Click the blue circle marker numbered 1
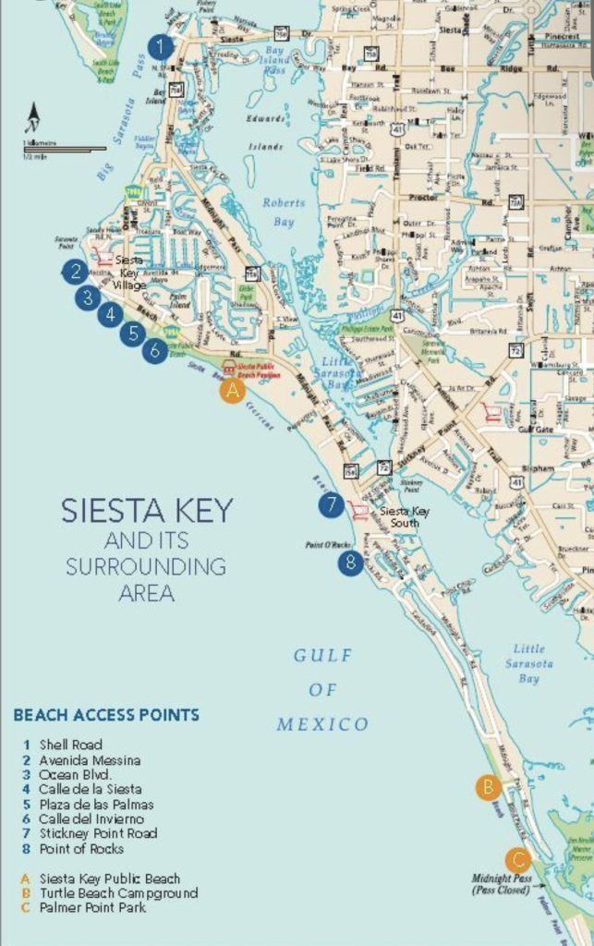point(161,46)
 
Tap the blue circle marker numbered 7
point(331,505)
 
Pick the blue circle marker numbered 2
point(75,271)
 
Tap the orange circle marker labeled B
point(488,787)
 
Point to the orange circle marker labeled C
point(516,856)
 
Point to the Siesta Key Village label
point(130,273)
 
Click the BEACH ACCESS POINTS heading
point(106,715)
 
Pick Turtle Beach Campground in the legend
point(118,893)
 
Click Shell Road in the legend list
point(70,745)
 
